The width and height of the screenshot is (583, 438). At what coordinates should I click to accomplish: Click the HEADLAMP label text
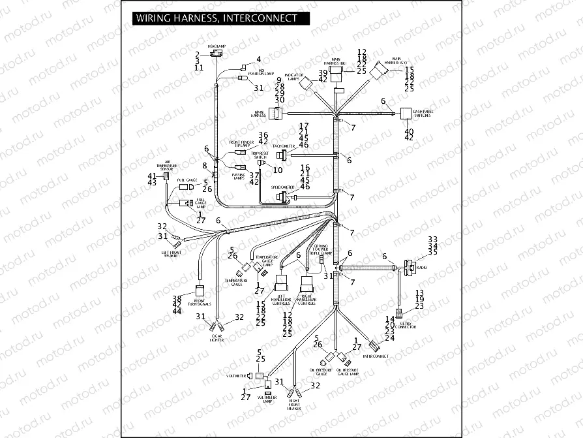(x=216, y=46)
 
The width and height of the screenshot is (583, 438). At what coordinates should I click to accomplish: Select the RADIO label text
(x=422, y=268)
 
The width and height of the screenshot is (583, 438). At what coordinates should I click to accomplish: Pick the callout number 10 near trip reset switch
(x=278, y=170)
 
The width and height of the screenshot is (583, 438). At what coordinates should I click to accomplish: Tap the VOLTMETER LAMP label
(x=267, y=399)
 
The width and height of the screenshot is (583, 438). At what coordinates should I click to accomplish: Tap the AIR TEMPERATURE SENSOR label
(x=167, y=166)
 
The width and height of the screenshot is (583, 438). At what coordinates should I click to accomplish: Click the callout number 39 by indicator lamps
(x=322, y=72)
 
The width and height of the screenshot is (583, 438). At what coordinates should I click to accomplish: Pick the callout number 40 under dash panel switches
(x=409, y=131)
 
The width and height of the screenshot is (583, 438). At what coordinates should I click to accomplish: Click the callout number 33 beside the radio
(x=432, y=240)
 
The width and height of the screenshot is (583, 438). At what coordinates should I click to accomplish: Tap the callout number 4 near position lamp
(x=258, y=59)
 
